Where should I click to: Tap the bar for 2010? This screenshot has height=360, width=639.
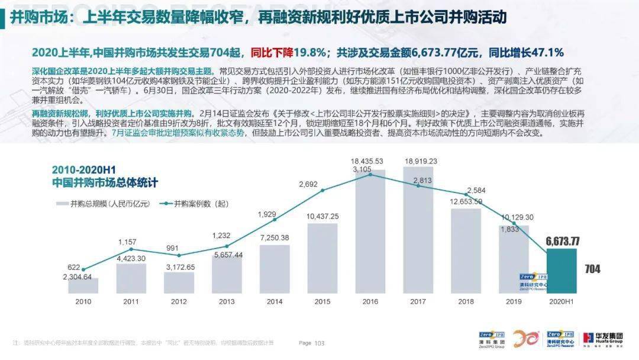[83, 285]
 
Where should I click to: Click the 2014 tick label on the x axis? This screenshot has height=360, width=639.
[275, 301]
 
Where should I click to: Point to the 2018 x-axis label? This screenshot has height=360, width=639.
[466, 301]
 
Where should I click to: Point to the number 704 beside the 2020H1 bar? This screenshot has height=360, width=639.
[592, 269]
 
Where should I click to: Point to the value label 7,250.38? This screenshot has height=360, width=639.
[275, 237]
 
